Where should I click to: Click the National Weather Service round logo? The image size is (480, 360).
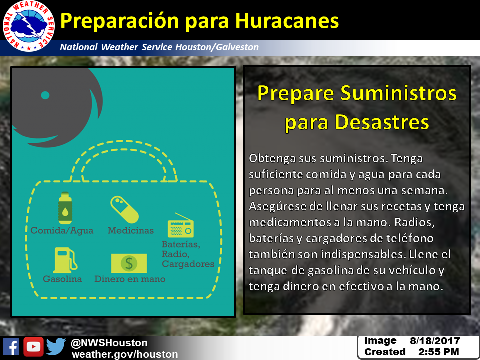[x=29, y=26]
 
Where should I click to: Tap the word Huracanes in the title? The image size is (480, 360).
[x=287, y=21]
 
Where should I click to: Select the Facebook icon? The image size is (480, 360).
[x=11, y=347]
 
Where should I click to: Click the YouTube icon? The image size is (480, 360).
[x=33, y=347]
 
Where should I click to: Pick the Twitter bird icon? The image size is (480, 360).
[x=56, y=347]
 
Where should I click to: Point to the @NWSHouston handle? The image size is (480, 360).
[x=109, y=343]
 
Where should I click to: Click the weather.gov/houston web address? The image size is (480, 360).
[x=125, y=354]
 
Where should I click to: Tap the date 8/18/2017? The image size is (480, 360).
[x=435, y=341]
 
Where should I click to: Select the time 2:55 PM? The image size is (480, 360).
[x=439, y=352]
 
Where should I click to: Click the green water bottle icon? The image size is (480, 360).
[x=65, y=208]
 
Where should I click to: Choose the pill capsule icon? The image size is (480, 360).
[x=124, y=209]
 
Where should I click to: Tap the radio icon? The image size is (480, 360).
[x=181, y=225]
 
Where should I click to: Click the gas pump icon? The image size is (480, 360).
[x=65, y=260]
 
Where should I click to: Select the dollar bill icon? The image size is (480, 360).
[x=129, y=263]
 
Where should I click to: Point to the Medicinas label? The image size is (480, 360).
[x=130, y=230]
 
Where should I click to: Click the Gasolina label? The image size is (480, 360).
[x=62, y=279]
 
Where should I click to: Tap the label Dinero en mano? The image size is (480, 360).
[x=130, y=279]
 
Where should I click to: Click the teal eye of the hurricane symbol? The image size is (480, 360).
[x=45, y=95]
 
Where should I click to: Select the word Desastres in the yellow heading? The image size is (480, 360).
[x=382, y=122]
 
